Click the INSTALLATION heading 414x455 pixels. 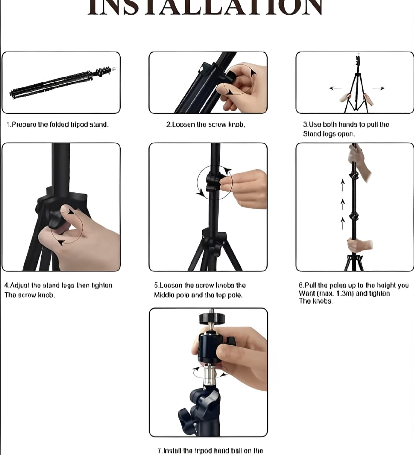click(205, 7)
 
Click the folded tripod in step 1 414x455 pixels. click(60, 83)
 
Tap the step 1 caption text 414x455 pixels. click(57, 125)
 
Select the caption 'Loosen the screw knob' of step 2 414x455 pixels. click(206, 125)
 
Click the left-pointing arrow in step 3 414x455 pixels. click(335, 88)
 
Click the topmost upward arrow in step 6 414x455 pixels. click(343, 185)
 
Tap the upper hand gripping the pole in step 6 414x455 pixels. click(359, 161)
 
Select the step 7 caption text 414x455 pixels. click(210, 451)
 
